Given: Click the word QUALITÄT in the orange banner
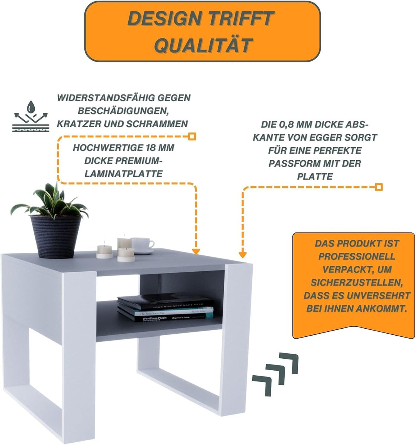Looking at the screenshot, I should [203, 45].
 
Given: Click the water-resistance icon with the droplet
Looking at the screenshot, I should [31, 116].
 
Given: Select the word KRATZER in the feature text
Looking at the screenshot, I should [81, 124].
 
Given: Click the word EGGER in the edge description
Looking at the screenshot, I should [317, 137].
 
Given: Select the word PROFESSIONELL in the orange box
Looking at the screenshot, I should [356, 257].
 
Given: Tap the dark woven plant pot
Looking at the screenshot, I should [56, 236].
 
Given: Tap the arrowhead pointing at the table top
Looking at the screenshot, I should [196, 251].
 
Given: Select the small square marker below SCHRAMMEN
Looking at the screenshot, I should [192, 136].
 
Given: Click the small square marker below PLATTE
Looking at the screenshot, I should [379, 187].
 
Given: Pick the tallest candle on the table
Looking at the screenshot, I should [124, 244].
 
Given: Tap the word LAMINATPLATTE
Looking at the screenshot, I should [124, 174].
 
